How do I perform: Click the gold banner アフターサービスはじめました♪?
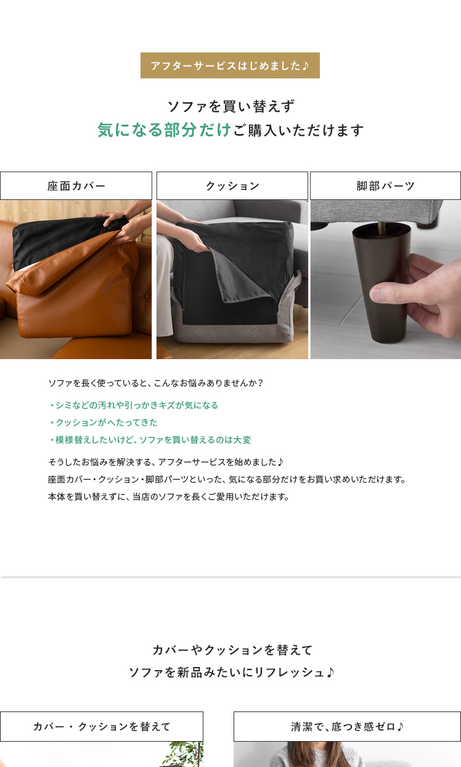click(230, 65)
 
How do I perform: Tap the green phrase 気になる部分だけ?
click(164, 130)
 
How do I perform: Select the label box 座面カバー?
click(76, 186)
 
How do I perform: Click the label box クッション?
click(232, 186)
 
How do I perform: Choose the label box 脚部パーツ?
click(385, 186)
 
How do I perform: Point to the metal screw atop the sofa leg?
click(381, 228)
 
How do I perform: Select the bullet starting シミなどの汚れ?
click(134, 405)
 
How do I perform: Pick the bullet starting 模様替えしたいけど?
click(150, 440)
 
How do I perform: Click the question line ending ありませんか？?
click(155, 383)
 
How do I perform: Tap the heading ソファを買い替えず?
click(231, 106)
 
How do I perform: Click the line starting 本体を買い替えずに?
click(169, 497)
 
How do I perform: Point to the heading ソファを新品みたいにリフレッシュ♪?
click(231, 673)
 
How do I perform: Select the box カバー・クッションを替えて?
click(102, 727)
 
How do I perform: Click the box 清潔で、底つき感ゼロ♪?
click(347, 727)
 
